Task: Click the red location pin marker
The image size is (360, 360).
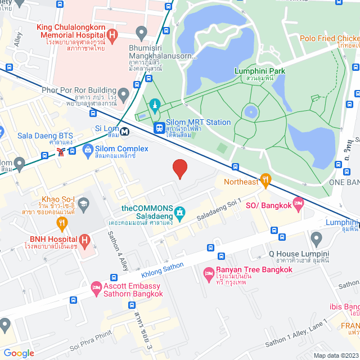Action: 179,168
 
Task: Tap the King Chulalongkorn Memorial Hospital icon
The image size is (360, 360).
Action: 112,36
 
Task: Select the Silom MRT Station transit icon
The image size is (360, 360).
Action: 160,128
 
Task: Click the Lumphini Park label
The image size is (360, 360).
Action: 259,71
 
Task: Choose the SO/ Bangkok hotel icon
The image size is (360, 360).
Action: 298,203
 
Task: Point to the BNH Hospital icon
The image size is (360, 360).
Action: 84,241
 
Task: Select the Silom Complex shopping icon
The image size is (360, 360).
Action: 88,150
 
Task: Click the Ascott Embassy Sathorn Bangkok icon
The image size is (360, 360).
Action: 96,287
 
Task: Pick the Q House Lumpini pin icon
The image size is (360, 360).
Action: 316,239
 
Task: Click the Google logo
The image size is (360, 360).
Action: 19,353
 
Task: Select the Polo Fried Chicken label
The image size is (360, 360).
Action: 329,38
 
